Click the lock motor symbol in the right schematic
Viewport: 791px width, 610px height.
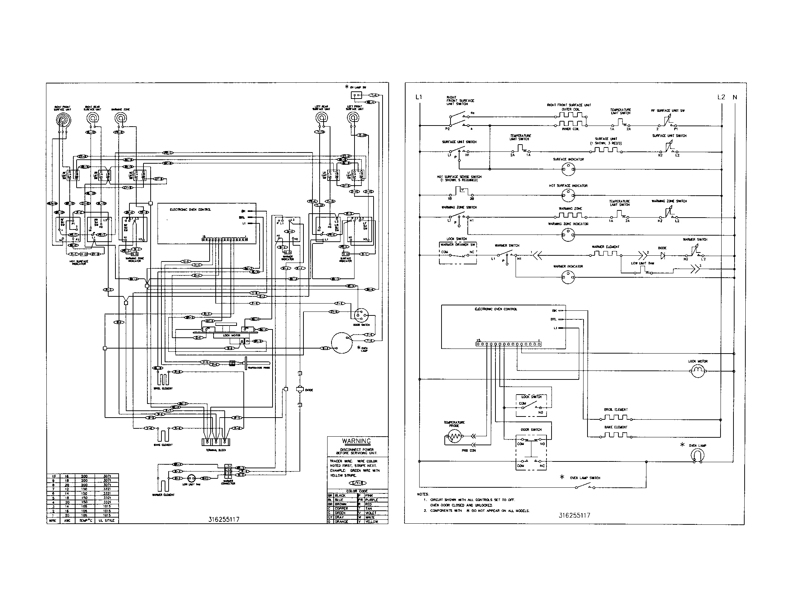(698, 371)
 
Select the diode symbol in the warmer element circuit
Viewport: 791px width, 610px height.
(662, 255)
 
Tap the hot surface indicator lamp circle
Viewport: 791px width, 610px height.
(567, 196)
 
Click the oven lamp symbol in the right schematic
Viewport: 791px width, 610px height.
(698, 455)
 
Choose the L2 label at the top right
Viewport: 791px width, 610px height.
(721, 97)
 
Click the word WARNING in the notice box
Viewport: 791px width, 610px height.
(356, 441)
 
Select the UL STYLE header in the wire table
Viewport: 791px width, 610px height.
(106, 520)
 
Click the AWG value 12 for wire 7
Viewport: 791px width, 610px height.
(67, 489)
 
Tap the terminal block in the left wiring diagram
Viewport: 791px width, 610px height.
(215, 442)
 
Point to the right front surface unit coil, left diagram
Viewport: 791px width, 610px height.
(63, 119)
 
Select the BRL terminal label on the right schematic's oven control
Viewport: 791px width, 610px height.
(553, 319)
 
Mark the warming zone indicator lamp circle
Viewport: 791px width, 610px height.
(567, 235)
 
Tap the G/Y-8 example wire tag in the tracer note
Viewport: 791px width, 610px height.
(357, 483)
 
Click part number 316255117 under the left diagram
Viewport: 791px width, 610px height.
(224, 519)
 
